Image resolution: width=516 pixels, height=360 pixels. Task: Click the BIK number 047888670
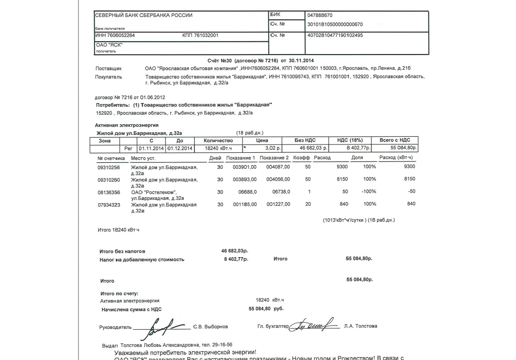point(321,15)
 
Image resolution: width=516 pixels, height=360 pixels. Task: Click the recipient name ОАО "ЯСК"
point(109,45)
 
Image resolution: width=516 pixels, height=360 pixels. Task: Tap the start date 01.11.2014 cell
point(151,149)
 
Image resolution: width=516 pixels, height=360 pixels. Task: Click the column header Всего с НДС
point(395,140)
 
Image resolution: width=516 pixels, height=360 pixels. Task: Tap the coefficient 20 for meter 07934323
point(308,205)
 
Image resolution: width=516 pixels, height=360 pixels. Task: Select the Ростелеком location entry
point(157,195)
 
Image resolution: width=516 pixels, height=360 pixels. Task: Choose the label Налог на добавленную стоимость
point(142,260)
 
